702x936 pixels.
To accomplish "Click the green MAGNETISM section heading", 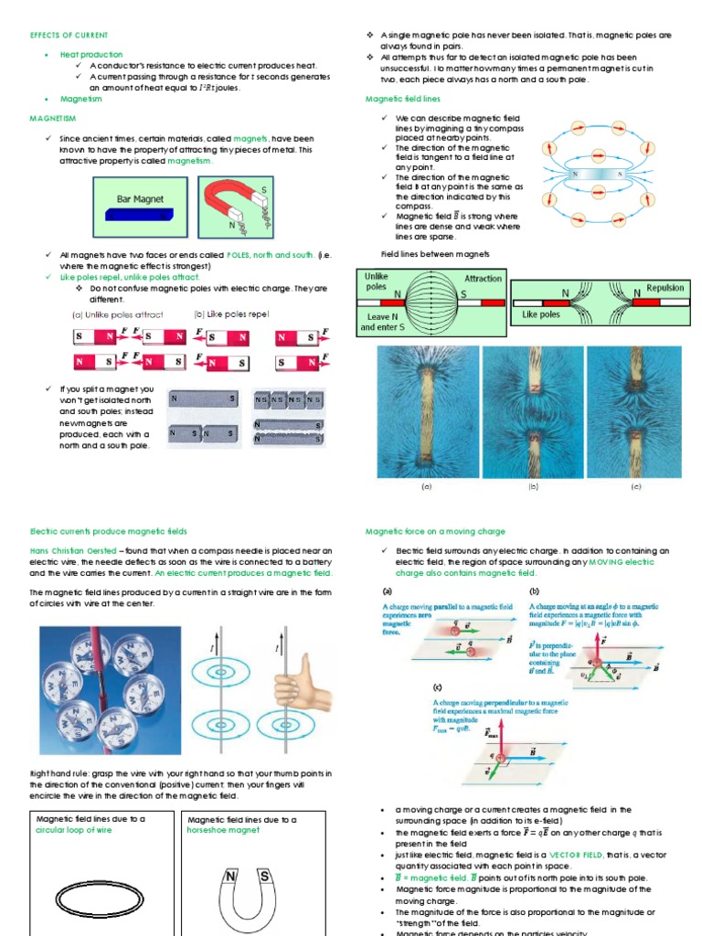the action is [53, 118].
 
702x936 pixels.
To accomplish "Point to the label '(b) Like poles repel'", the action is [231, 314].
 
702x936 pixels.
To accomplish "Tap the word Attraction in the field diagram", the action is [483, 278].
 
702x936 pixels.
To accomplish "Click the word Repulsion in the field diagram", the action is [665, 288].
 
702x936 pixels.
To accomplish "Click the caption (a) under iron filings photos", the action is [426, 487].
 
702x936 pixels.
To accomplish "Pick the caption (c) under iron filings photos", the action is [636, 487].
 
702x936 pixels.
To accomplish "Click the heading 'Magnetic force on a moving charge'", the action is [435, 531].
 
